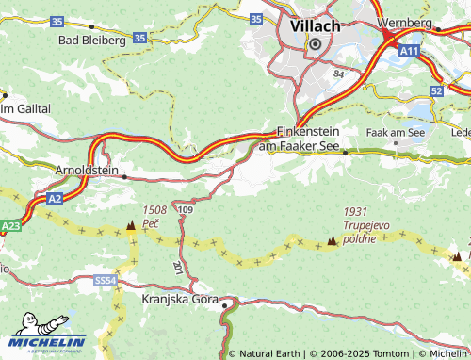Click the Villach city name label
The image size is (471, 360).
tap(315, 25)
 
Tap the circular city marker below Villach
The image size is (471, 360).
tap(315, 43)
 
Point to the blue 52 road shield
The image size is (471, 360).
tap(435, 90)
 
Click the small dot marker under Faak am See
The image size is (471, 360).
tap(396, 144)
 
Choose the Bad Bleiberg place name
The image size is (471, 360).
tap(92, 41)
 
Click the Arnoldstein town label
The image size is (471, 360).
tap(88, 171)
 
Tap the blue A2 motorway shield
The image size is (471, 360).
tap(56, 199)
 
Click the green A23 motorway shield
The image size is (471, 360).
tap(10, 226)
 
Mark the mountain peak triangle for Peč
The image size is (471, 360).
tap(130, 226)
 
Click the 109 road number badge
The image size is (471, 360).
tap(185, 208)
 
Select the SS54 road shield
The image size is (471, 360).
tap(105, 280)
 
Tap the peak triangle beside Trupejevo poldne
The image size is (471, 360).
tap(332, 242)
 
